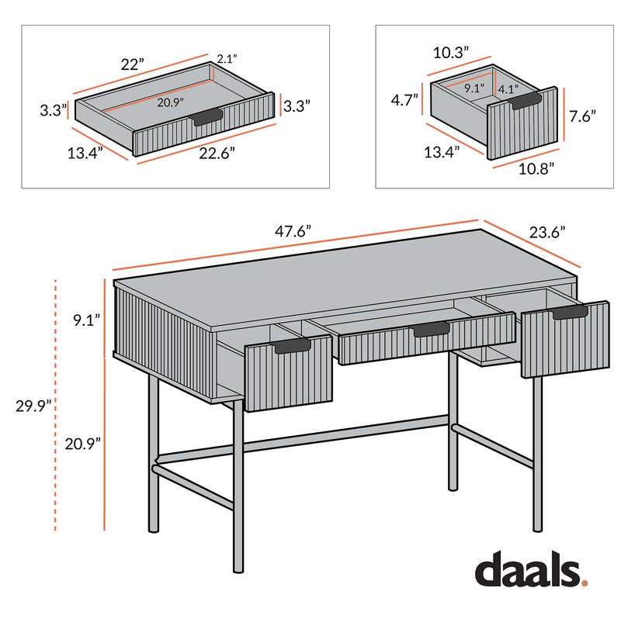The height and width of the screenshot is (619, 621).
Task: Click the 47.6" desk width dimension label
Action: point(292,230)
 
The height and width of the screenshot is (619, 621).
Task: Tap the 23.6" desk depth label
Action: point(546,231)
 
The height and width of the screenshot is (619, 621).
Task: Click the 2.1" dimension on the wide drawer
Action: point(226,59)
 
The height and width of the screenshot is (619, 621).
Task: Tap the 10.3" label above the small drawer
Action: point(452,53)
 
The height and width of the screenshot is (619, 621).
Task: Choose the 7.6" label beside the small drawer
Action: point(582,117)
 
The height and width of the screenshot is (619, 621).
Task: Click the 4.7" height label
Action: point(404,99)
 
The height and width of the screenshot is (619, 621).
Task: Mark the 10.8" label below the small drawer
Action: point(535,166)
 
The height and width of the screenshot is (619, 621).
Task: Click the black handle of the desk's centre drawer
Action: point(430,330)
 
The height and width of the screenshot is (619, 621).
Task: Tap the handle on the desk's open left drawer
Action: point(293,345)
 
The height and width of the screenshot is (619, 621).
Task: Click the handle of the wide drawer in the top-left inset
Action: point(207,117)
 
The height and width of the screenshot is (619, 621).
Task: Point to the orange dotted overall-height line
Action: point(56,403)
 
